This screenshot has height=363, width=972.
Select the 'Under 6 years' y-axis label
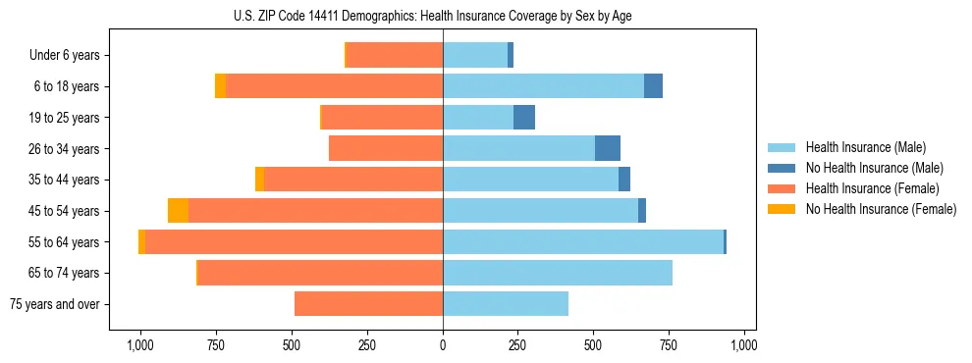[65, 55]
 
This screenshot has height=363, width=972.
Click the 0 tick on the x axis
[443, 345]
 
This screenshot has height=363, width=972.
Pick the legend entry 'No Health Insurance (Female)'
[881, 209]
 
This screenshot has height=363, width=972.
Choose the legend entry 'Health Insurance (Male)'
[866, 147]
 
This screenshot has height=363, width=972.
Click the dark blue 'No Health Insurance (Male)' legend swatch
[783, 168]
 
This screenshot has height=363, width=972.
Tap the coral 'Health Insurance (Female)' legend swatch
[783, 188]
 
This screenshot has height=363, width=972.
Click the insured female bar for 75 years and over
[368, 304]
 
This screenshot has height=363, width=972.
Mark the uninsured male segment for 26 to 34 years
[608, 148]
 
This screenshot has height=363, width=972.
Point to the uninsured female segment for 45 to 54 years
[178, 211]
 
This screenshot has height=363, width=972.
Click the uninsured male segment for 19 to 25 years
[524, 118]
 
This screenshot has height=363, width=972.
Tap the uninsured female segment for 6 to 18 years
[220, 86]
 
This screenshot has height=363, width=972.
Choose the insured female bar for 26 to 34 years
[386, 148]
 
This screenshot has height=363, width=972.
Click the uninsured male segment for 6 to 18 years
[653, 86]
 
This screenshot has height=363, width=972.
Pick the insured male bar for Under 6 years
[475, 55]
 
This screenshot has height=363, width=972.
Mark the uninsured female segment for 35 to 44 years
[259, 180]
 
